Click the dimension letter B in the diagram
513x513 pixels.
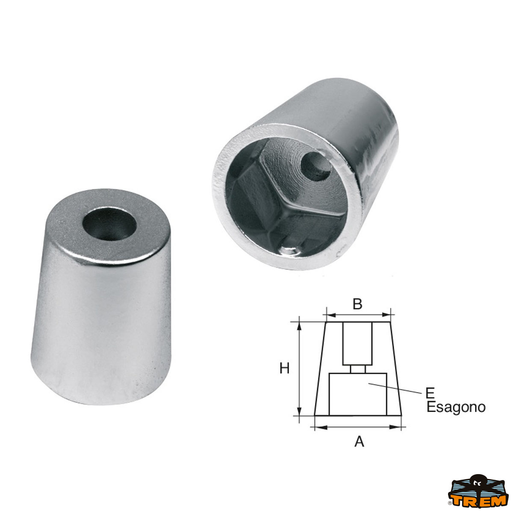tap(357, 304)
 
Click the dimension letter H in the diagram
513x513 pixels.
tap(285, 368)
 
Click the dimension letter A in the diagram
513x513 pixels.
tap(359, 441)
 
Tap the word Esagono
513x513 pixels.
tap(456, 407)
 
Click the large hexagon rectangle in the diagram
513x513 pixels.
tap(358, 394)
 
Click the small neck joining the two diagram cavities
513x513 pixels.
tap(358, 369)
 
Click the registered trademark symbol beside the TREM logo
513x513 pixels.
tap(450, 504)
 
